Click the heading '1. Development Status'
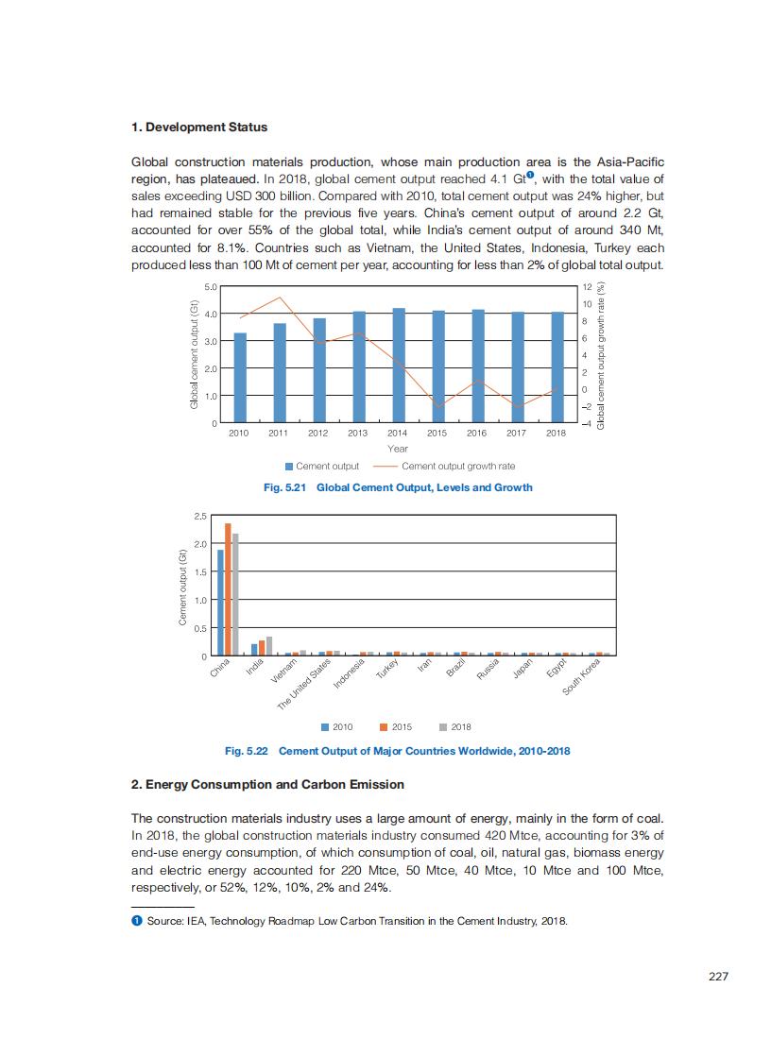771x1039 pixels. (x=199, y=128)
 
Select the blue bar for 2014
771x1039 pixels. (x=399, y=365)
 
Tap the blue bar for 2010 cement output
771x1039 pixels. (x=240, y=377)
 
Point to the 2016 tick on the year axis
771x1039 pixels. (x=476, y=433)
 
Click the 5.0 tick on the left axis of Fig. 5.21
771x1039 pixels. (x=211, y=286)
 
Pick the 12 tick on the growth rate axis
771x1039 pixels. (x=586, y=286)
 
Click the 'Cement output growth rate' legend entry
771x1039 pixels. (x=457, y=466)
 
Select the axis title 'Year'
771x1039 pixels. (x=398, y=449)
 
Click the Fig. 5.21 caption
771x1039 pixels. (x=398, y=487)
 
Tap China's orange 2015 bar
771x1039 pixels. (x=228, y=589)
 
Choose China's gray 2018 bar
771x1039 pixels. (x=235, y=594)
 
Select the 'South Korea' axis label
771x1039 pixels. (x=582, y=677)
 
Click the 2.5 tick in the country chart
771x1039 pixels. (x=200, y=517)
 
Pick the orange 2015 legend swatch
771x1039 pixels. (x=385, y=727)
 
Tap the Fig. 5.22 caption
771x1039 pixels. (x=397, y=752)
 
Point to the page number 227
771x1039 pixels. (x=718, y=977)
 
